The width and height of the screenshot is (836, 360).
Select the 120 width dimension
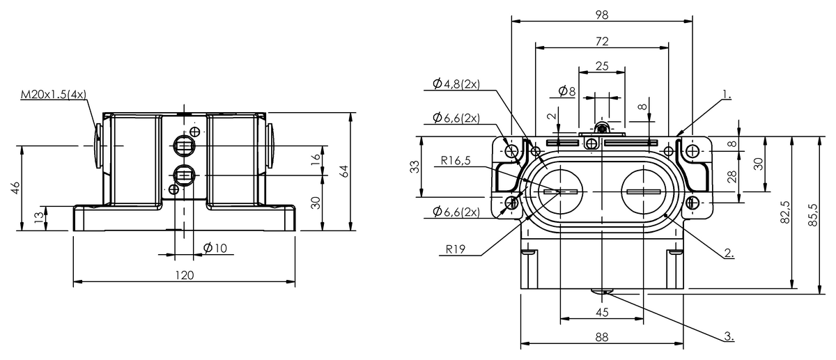(x=183, y=275)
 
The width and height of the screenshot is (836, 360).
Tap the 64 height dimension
(x=343, y=171)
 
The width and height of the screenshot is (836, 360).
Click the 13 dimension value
(x=39, y=218)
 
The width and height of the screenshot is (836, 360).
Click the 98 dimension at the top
(x=602, y=14)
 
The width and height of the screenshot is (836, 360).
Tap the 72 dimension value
(x=602, y=41)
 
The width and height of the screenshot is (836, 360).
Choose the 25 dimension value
(x=601, y=66)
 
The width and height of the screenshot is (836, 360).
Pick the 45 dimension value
(x=602, y=312)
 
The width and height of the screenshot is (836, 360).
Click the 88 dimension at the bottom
(x=602, y=337)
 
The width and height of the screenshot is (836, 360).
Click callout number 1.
(x=727, y=92)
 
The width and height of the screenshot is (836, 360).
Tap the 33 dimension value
(x=415, y=168)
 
